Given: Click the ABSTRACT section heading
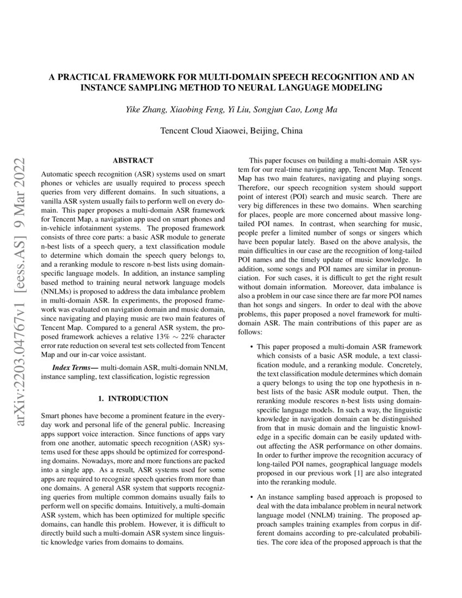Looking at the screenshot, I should pos(133,160).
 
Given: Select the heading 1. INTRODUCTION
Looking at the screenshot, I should pos(133,398).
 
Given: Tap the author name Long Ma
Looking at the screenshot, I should pos(322,110).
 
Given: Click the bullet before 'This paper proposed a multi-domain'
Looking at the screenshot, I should pos(250,346).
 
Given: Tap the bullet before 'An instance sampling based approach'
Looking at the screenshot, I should pos(250,497).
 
